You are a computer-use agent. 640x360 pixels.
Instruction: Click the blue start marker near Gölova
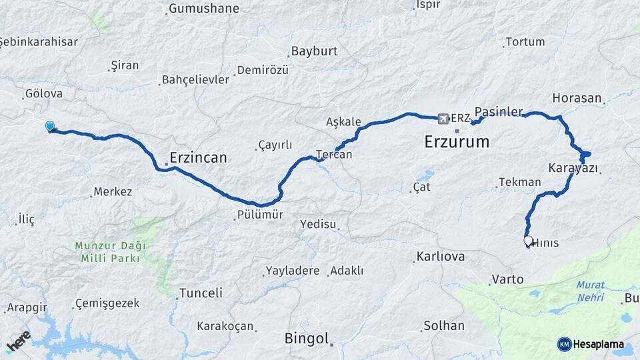click(49, 126)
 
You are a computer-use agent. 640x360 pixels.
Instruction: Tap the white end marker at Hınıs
click(529, 241)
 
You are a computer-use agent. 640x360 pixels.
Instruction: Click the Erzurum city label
click(457, 141)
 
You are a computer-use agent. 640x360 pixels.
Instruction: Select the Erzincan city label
click(198, 158)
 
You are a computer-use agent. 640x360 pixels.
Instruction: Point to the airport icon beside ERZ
click(443, 119)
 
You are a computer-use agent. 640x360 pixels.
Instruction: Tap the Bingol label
click(307, 338)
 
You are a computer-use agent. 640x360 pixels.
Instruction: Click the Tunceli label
click(201, 293)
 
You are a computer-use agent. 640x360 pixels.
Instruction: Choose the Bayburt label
click(314, 51)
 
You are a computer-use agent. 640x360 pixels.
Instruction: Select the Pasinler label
click(499, 111)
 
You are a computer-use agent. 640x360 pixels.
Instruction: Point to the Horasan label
click(577, 98)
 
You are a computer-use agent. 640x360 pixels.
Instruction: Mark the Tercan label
click(334, 154)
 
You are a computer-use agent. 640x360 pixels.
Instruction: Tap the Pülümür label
click(260, 215)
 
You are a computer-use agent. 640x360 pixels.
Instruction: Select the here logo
click(18, 341)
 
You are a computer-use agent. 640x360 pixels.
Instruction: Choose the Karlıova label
click(439, 257)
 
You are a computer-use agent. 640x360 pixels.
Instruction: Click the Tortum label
click(525, 42)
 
